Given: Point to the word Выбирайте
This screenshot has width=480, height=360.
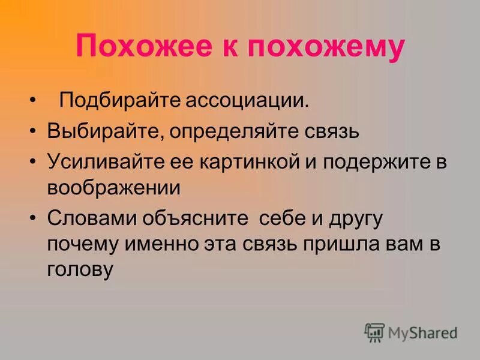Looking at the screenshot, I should [x=103, y=131].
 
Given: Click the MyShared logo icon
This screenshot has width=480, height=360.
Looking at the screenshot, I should [x=374, y=332].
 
